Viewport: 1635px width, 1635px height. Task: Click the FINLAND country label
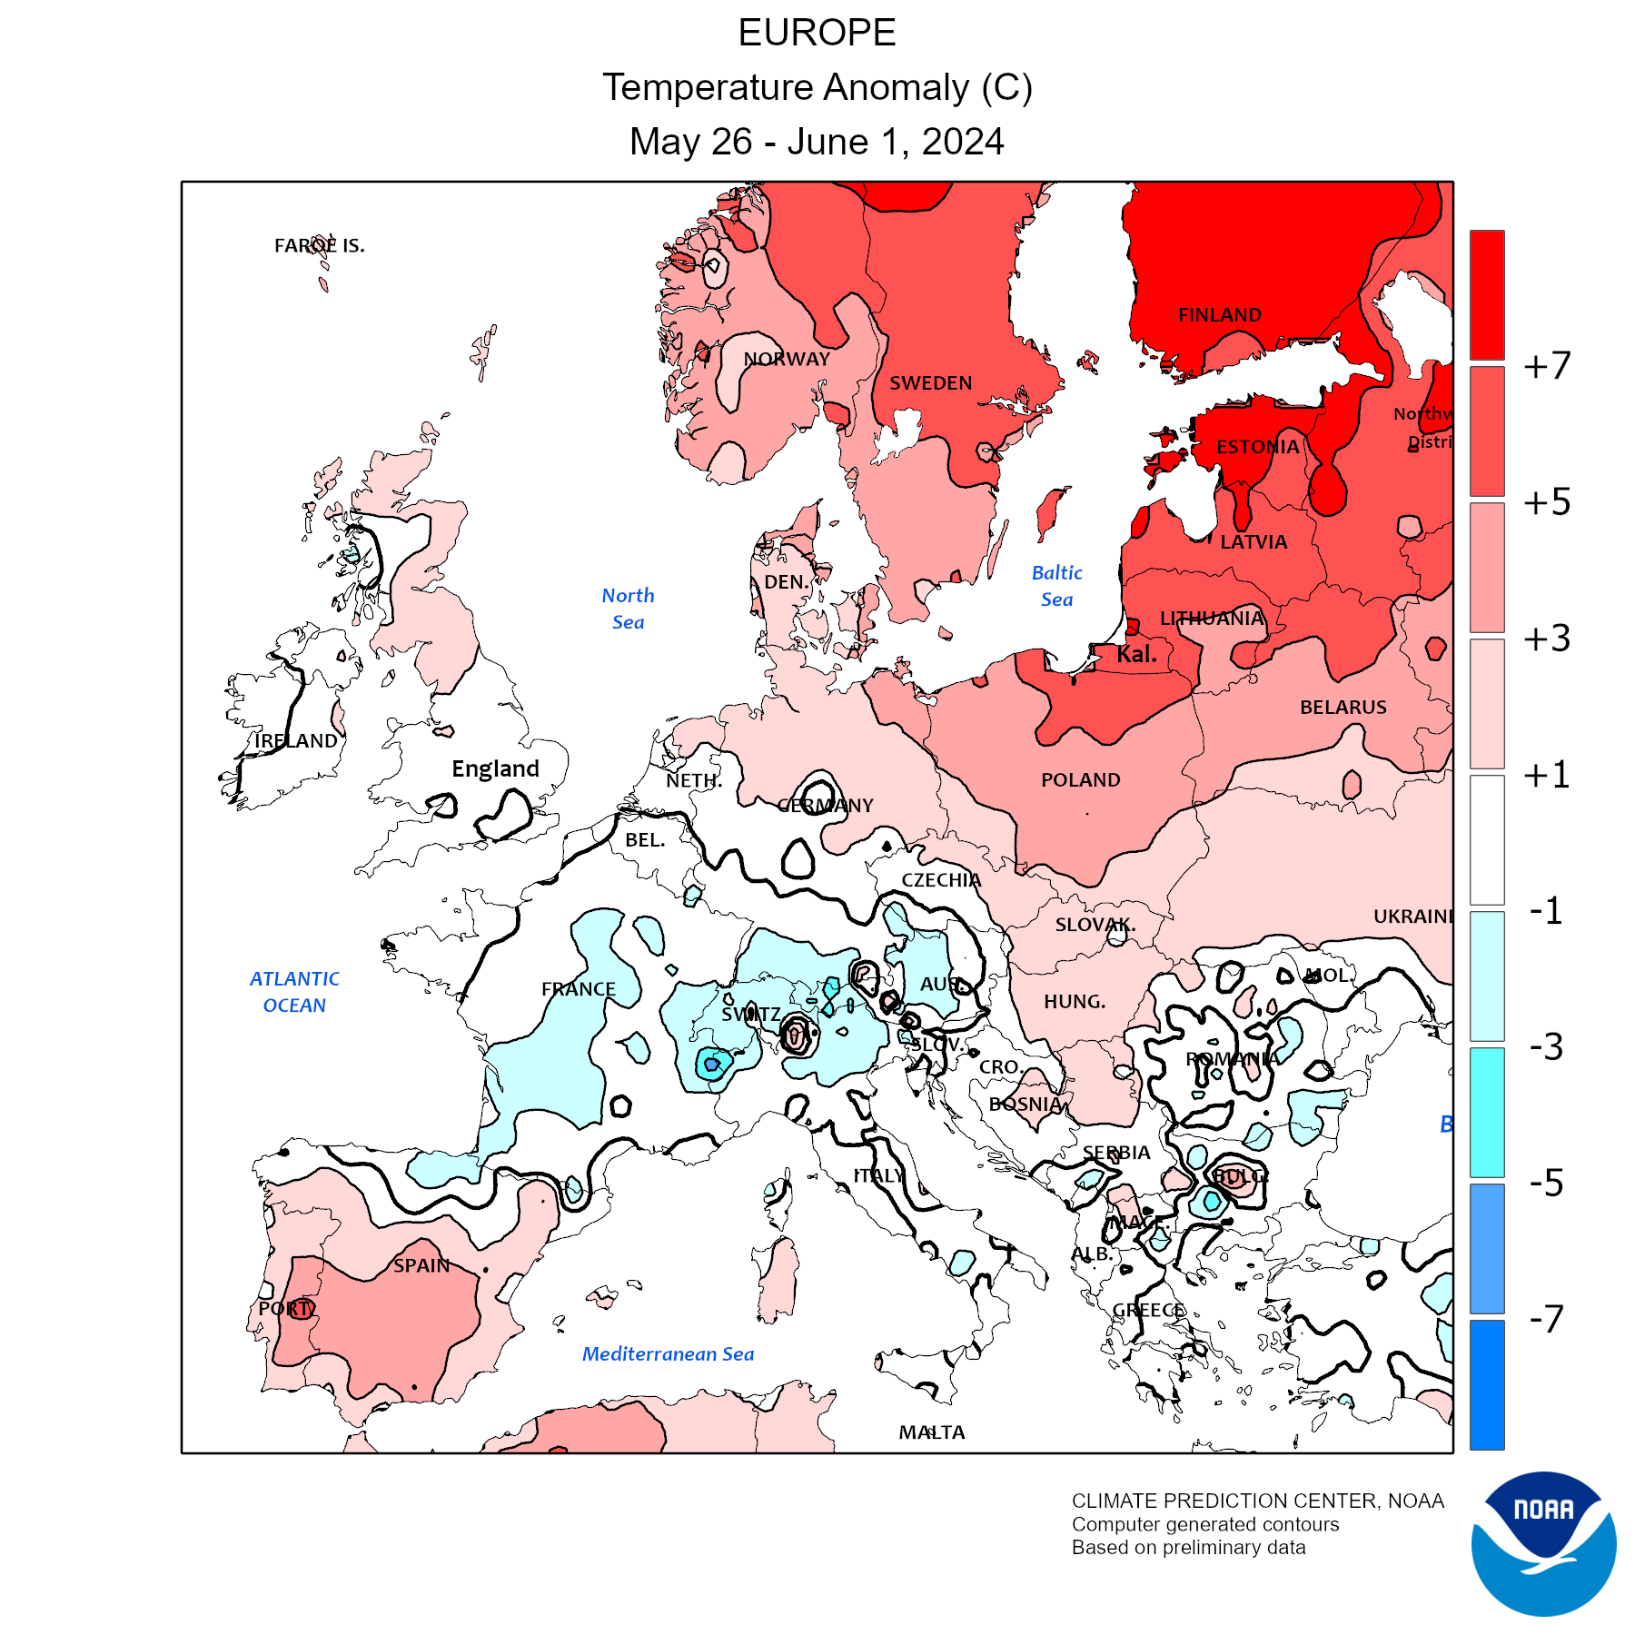point(1219,315)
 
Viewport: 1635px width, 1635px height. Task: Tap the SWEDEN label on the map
point(930,383)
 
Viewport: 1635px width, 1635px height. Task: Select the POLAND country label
point(1080,780)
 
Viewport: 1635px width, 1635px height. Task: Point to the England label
point(495,769)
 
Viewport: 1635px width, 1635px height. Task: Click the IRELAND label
point(295,741)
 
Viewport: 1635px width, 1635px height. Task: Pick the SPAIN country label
point(421,1265)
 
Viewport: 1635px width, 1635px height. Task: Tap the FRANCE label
point(578,989)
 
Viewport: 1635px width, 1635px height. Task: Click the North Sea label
point(628,609)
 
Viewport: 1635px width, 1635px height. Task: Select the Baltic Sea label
point(1056,586)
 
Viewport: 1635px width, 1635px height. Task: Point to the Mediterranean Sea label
point(668,1354)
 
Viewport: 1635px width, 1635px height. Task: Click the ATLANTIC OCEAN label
point(294,992)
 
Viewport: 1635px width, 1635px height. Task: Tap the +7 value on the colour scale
point(1547,365)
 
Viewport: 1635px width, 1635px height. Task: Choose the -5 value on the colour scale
point(1546,1183)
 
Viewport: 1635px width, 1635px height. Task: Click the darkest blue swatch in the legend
point(1487,1384)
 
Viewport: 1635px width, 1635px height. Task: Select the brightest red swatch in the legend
point(1487,294)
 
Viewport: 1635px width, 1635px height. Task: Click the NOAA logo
point(1543,1543)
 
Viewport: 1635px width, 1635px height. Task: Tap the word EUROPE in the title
point(817,34)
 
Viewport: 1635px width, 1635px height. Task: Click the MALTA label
point(931,1432)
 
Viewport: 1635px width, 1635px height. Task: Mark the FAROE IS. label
point(319,245)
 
